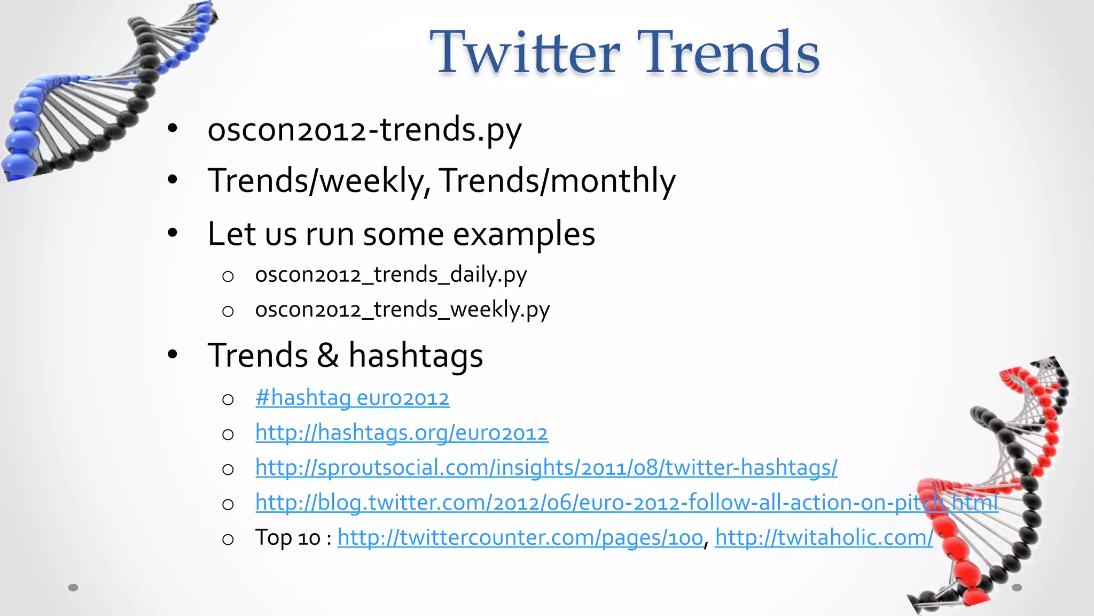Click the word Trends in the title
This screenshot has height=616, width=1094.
click(x=729, y=52)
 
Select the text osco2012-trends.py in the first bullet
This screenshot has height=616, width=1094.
click(x=364, y=129)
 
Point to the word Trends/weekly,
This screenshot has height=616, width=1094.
click(x=319, y=181)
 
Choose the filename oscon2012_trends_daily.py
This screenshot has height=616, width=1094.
click(x=391, y=275)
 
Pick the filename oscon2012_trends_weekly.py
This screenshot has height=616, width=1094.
click(x=402, y=310)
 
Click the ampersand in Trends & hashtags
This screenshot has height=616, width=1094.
click(x=328, y=355)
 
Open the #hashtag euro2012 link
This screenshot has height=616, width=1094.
click(x=353, y=398)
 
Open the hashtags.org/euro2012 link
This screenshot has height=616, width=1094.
click(x=402, y=433)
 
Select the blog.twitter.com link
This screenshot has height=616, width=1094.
click(x=626, y=503)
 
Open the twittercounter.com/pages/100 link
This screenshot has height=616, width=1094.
click(x=520, y=537)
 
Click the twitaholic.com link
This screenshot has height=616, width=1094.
click(x=824, y=537)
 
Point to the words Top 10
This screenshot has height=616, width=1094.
click(x=287, y=537)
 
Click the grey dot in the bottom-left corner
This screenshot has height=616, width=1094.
click(x=73, y=588)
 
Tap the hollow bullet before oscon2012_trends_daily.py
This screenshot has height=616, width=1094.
click(x=228, y=276)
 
